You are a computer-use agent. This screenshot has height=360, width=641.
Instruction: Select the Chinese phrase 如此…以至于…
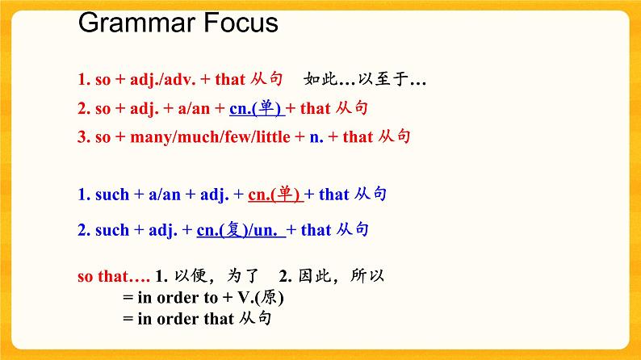click(x=365, y=80)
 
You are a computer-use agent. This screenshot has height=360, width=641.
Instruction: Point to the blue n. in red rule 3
click(x=316, y=137)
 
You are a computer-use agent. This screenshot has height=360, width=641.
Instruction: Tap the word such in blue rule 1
click(x=112, y=195)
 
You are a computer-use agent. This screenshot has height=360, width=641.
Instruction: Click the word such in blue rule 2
click(x=112, y=231)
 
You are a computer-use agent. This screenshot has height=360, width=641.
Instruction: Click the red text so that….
click(x=112, y=277)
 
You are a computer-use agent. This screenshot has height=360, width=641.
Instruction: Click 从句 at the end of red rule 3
click(x=395, y=136)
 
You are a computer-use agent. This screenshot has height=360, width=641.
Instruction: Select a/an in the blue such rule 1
click(x=165, y=195)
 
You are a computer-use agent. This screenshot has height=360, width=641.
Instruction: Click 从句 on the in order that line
click(x=255, y=319)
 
